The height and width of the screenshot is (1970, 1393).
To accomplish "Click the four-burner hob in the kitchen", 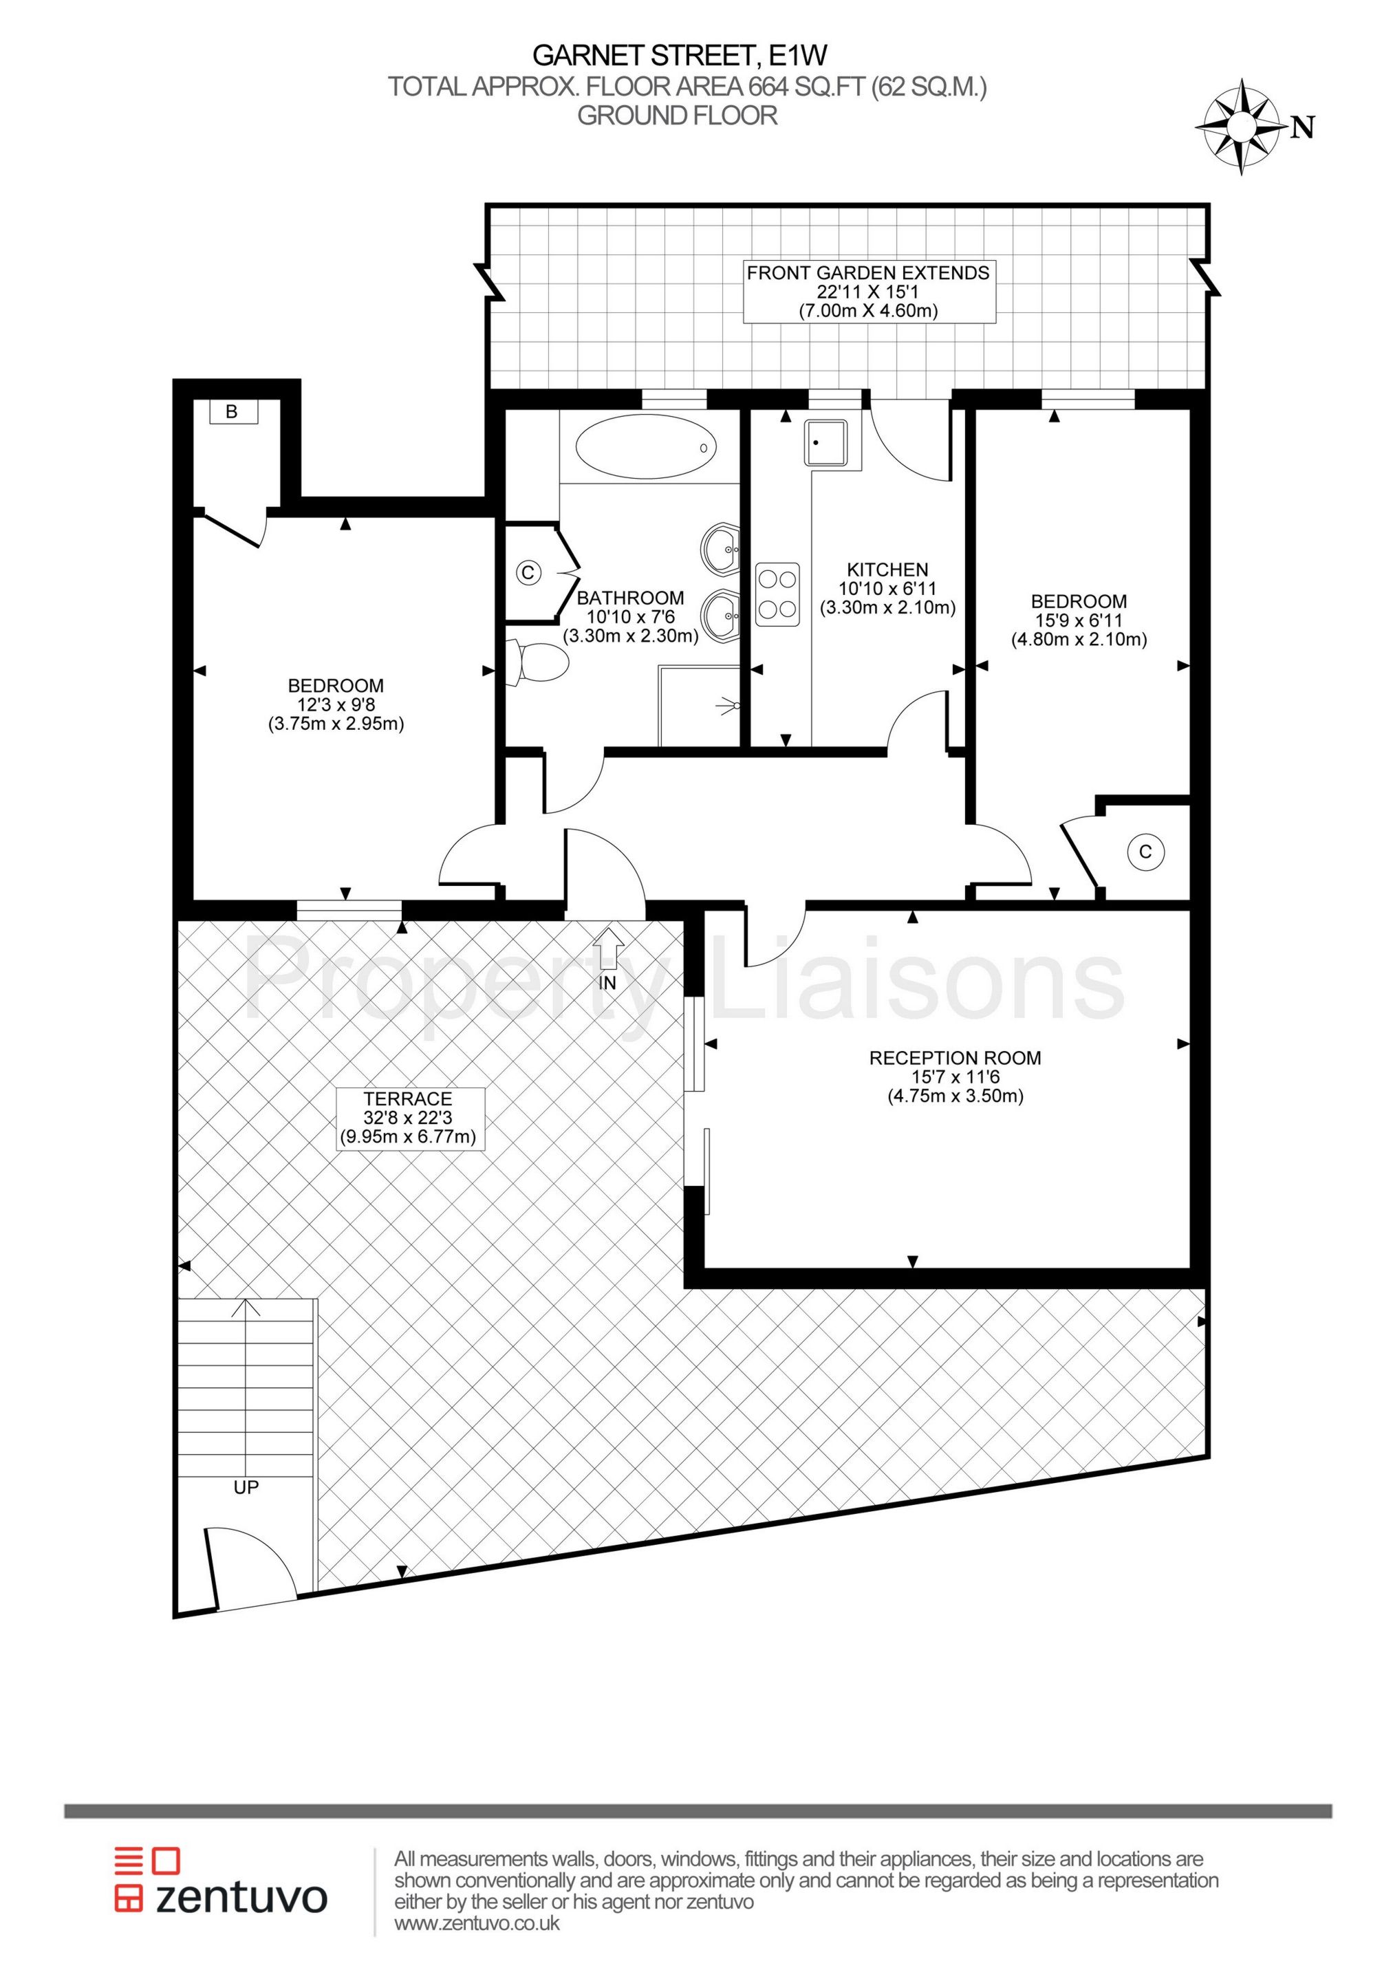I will (777, 594).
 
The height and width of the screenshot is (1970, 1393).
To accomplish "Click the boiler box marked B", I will (232, 412).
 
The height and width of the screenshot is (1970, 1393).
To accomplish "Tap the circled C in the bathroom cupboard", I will (529, 572).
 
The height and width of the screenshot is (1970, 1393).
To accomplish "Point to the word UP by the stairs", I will (246, 1487).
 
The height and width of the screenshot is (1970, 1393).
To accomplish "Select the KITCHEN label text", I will (887, 570).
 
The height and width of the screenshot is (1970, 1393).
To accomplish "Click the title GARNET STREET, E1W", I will (679, 56).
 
